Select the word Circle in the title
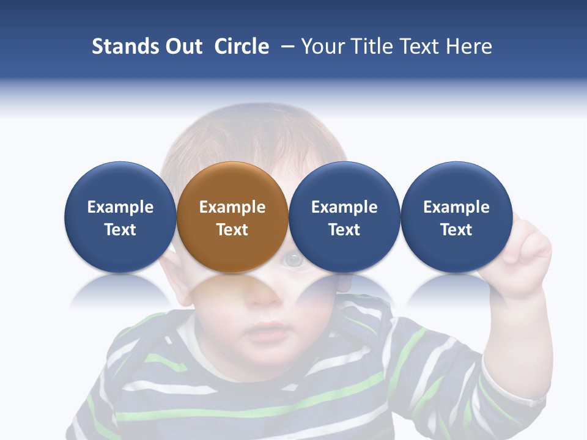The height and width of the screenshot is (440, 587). [242, 46]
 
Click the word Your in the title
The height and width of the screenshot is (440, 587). [322, 46]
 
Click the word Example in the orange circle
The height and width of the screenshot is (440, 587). [232, 207]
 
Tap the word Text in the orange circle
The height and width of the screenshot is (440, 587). [232, 230]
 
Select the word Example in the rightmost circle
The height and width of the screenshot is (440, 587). [456, 207]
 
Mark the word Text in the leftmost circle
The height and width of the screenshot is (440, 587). [120, 230]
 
